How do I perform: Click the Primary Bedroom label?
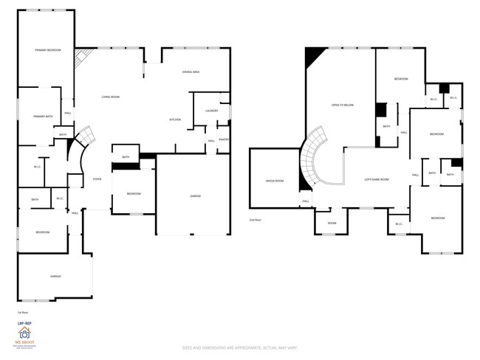coord(48,50)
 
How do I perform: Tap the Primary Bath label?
coord(43,117)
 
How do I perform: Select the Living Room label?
coord(111,97)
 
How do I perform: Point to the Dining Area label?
coord(192,72)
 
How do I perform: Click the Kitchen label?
coord(175,120)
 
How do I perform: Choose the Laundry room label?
coord(210,111)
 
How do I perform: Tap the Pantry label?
coord(223,139)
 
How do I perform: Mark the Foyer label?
coord(97,179)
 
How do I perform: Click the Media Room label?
coord(274,180)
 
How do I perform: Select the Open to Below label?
coord(343,105)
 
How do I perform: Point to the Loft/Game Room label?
coord(377,179)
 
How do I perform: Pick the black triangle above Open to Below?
coord(314,55)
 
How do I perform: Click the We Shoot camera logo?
coord(24,333)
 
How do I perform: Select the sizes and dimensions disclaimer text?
coord(240,346)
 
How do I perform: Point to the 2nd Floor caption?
coord(256,220)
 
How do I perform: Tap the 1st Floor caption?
coord(22,313)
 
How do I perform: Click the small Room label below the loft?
coord(332,223)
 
